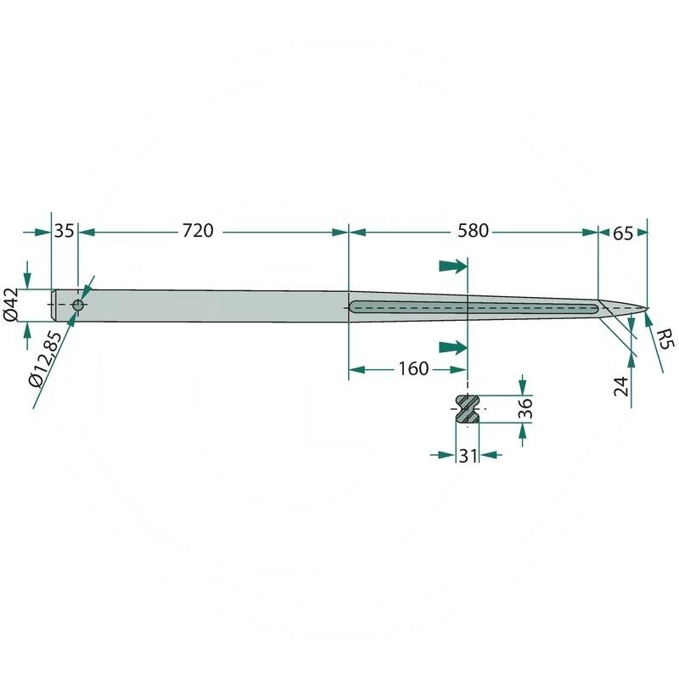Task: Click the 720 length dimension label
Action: point(198,231)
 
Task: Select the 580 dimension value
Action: point(473,231)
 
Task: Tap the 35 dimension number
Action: point(65,231)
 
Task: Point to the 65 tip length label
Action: point(623,233)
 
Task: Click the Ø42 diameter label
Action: point(11,305)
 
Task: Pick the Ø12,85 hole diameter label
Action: point(45,359)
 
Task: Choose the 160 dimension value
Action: point(413,369)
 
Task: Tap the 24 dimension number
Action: point(621,386)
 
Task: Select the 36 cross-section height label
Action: point(525,409)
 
